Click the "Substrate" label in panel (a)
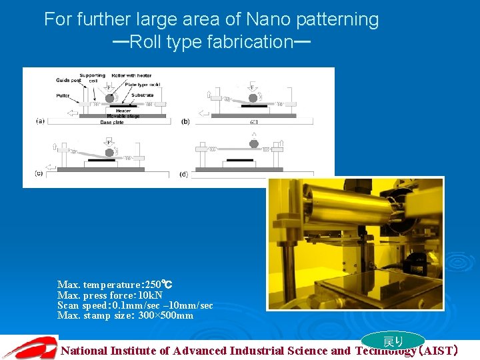[x=143, y=95]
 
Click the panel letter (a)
[x=41, y=121]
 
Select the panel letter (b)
[x=185, y=121]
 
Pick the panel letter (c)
[x=41, y=173]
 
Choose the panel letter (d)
[x=184, y=174]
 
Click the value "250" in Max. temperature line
[x=153, y=285]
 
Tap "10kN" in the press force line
[x=150, y=295]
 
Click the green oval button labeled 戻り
[x=393, y=341]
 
